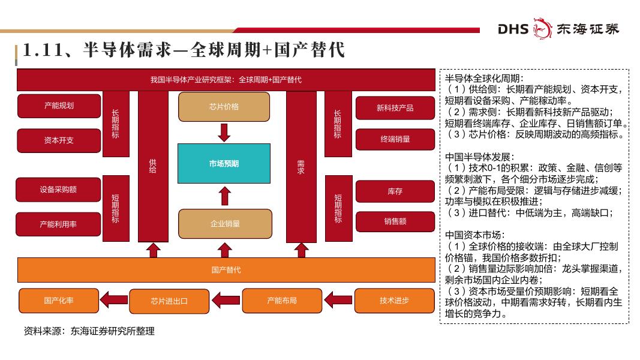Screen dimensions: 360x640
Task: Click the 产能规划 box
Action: coord(59,106)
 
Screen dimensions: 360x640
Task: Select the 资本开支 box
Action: coord(59,140)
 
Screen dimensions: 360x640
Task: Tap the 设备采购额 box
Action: coord(58,190)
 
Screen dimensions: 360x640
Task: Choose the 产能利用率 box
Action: coord(58,224)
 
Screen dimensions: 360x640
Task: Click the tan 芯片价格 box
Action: coord(224,107)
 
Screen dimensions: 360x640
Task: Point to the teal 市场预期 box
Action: coord(224,163)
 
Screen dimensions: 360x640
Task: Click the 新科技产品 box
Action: coord(395,108)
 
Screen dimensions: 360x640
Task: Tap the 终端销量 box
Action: coord(395,139)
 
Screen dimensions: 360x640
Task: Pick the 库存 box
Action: coord(395,191)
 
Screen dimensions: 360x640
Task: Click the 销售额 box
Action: coord(395,221)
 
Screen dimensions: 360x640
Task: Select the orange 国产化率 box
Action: coord(58,301)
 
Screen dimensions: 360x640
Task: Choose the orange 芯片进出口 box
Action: coord(169,301)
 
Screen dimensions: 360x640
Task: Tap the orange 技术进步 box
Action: coord(394,301)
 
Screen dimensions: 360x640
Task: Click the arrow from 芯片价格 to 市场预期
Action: coord(224,132)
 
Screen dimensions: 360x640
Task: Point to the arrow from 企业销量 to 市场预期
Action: coord(224,196)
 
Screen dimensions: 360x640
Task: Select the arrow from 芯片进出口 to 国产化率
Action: coord(113,301)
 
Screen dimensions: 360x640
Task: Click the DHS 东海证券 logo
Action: coord(558,29)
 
